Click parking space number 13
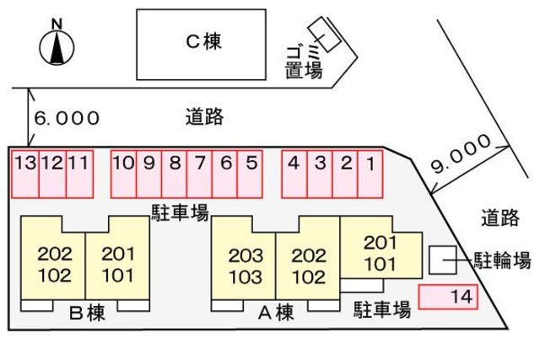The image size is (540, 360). tap(25, 175)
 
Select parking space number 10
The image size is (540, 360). tap(124, 175)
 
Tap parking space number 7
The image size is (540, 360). tap(200, 175)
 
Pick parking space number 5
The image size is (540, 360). tap(250, 175)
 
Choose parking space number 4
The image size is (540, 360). tap(294, 175)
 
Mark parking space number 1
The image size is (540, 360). tap(370, 175)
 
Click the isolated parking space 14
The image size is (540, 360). tap(448, 297)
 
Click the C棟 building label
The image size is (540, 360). tap(203, 41)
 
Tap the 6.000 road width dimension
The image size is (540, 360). tap(67, 118)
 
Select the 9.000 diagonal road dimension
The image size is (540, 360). tap(461, 153)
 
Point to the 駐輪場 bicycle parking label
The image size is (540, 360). tap(502, 261)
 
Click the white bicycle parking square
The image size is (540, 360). tap(443, 261)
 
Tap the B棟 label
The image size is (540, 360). tap(87, 313)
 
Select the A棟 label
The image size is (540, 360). tap(276, 313)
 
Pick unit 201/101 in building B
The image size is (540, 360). tap(117, 261)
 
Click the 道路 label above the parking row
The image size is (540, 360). tap(204, 116)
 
